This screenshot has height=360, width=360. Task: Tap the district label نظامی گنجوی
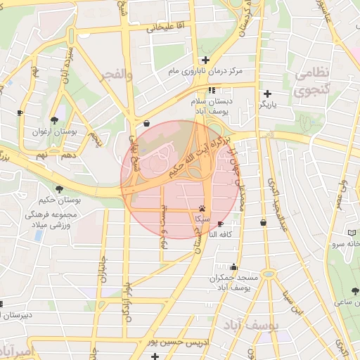tap(310, 82)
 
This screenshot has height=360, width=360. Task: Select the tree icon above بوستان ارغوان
tap(55, 119)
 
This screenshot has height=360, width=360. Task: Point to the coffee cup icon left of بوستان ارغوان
tap(20, 112)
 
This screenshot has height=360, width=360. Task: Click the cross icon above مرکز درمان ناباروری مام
tap(205, 60)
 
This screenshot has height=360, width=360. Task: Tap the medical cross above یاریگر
tap(267, 94)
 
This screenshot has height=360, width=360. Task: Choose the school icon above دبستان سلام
tap(212, 90)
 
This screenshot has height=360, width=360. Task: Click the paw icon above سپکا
tap(202, 209)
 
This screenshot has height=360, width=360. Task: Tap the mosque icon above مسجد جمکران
tap(233, 267)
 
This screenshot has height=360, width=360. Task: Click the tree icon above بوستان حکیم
tap(60, 189)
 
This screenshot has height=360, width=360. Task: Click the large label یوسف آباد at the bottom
tap(252, 325)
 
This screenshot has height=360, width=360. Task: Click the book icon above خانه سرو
tap(352, 233)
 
